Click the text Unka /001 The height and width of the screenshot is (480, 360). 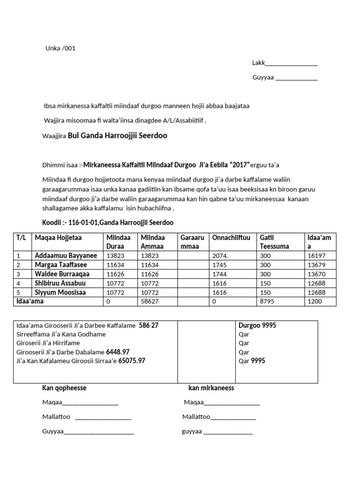pos(60,48)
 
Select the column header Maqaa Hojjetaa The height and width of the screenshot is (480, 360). pos(58,238)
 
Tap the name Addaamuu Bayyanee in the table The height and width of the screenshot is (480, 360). pos(66,256)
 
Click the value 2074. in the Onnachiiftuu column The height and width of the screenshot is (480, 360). pos(220,256)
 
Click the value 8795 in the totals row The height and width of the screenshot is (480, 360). pos(266,302)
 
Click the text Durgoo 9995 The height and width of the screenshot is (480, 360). pos(257,326)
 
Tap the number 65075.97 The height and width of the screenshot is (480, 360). pos(132,361)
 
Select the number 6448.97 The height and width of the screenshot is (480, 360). pos(118,352)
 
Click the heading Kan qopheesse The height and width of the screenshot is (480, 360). pos(64,388)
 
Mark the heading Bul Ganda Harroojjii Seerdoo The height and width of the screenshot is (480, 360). pos(118,136)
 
